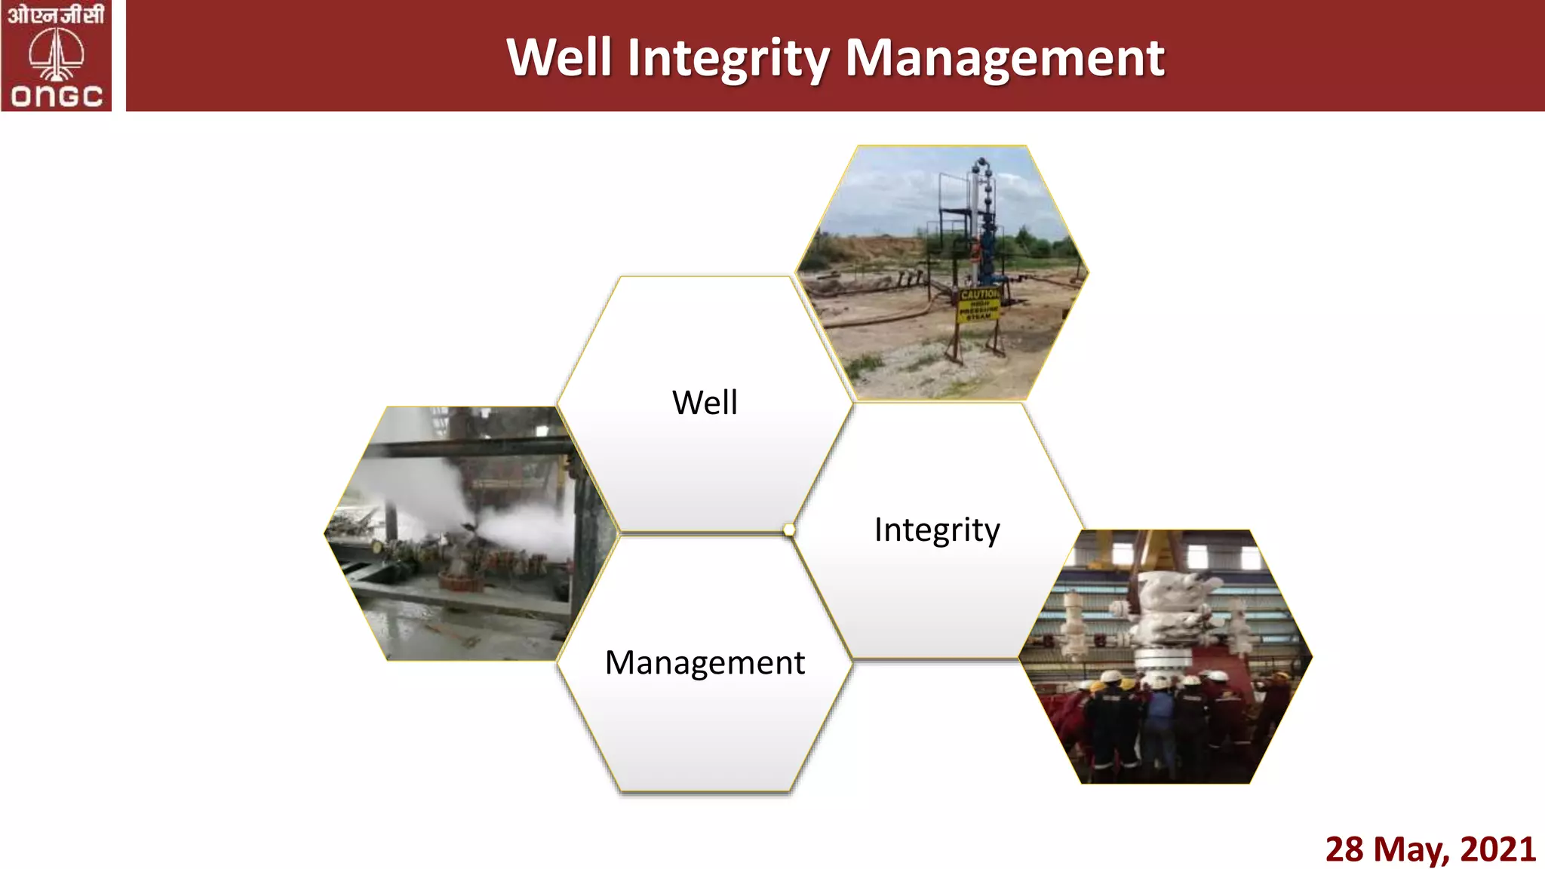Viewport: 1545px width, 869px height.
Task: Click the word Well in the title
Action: coord(558,58)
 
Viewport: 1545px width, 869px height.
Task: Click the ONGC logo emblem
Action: coord(57,54)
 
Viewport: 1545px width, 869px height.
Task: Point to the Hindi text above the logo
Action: coord(56,14)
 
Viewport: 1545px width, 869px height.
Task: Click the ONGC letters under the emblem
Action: coord(57,96)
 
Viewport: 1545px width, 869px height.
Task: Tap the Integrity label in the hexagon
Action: coord(937,530)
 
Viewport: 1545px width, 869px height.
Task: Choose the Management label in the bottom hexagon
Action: coord(705,662)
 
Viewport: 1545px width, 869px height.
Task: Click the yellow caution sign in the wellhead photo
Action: coord(978,305)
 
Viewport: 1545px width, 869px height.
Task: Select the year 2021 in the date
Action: coord(1497,849)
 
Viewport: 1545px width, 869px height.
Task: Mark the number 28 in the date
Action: coord(1344,849)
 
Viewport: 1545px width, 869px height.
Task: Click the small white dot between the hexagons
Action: coord(789,530)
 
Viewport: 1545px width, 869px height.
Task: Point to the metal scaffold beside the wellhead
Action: coord(952,219)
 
